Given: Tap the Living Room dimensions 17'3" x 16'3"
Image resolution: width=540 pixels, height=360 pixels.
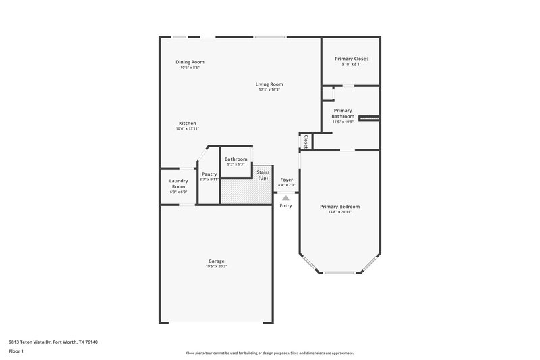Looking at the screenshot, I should point(269,90).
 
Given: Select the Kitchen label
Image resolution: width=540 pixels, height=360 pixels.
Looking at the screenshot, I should point(187,123).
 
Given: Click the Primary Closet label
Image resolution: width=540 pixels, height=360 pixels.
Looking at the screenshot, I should point(351,59).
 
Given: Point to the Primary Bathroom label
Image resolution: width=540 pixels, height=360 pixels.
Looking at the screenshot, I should point(343,113).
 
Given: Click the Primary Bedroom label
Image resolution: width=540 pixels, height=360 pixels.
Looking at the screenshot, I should point(340,206).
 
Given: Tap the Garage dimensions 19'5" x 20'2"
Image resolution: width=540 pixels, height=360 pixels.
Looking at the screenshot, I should point(216,267).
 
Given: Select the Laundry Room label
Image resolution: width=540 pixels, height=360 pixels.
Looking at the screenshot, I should point(178,183).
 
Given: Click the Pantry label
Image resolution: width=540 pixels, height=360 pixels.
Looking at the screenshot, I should point(209,174).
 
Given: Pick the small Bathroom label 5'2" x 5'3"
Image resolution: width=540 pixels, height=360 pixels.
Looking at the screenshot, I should point(236,159).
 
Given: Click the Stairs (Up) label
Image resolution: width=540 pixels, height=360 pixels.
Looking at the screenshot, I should point(263,175).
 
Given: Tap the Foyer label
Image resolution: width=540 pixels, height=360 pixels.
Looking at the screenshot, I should point(286,180).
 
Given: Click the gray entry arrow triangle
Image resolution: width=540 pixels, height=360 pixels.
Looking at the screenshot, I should point(286,197).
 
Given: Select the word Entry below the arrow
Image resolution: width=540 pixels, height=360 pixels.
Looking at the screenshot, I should point(286,205).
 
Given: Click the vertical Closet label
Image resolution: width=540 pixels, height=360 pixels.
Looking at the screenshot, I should point(306,141).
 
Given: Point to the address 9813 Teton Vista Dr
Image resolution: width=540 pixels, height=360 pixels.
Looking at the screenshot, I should point(53,342).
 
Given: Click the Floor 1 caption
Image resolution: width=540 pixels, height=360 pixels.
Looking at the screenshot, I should point(17,352).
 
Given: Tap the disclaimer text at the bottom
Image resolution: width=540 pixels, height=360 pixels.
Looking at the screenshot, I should point(269,353).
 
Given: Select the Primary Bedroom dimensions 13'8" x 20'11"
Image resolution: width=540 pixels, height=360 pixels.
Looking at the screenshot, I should point(340,212).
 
